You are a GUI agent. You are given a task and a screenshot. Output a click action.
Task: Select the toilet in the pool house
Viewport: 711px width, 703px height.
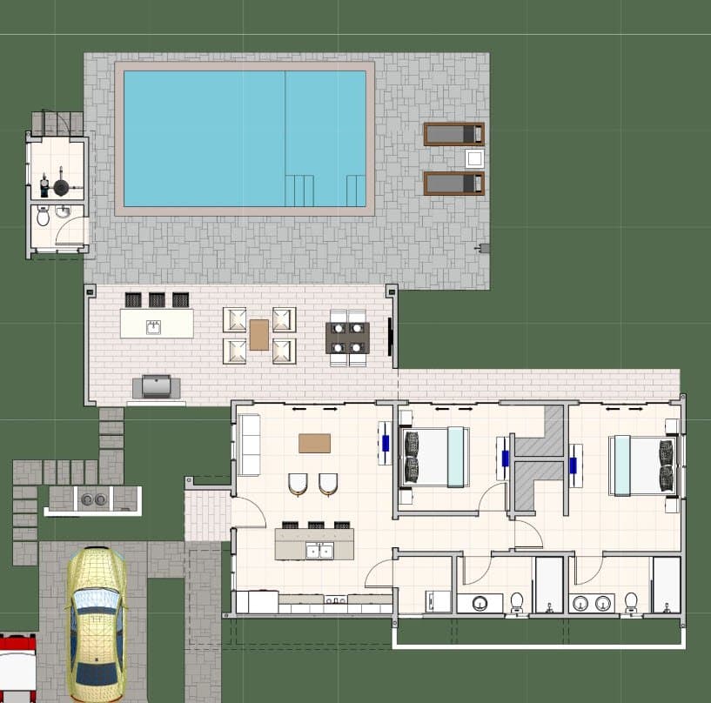pyautogui.click(x=43, y=216)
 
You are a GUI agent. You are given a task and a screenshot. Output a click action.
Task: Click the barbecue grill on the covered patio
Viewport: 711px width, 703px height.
pyautogui.click(x=157, y=386)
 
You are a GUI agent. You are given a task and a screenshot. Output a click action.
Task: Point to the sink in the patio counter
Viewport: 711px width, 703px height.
pyautogui.click(x=154, y=327)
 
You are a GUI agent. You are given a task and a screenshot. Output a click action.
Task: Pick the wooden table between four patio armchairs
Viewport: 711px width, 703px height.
pyautogui.click(x=259, y=335)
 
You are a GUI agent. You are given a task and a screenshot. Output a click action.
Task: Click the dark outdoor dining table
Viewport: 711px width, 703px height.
pyautogui.click(x=347, y=338)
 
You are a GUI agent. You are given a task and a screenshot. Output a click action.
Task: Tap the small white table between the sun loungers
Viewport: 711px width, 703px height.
pyautogui.click(x=474, y=158)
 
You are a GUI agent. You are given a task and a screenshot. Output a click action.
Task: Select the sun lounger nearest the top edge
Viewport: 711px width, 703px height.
pyautogui.click(x=453, y=134)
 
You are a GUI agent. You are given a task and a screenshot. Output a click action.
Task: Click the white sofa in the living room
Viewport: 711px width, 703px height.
pyautogui.click(x=249, y=445)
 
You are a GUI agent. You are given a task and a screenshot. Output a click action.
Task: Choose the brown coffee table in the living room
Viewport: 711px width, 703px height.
pyautogui.click(x=314, y=443)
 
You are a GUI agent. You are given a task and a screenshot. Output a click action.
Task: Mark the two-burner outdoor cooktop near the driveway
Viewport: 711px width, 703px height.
pyautogui.click(x=92, y=499)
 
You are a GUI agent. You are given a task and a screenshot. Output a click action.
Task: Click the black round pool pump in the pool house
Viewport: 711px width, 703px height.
pyautogui.click(x=62, y=186)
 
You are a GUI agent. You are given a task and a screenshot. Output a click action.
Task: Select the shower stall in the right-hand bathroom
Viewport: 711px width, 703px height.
pyautogui.click(x=666, y=585)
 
